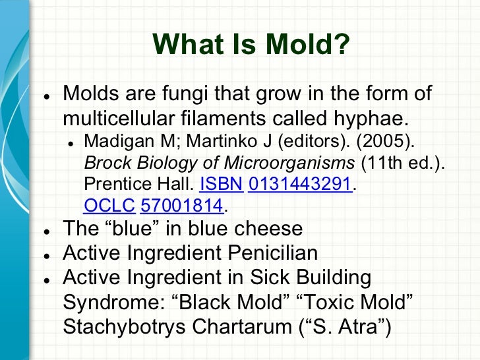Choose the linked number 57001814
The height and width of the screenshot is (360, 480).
coord(182,206)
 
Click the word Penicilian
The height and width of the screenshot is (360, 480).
coord(268,253)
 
